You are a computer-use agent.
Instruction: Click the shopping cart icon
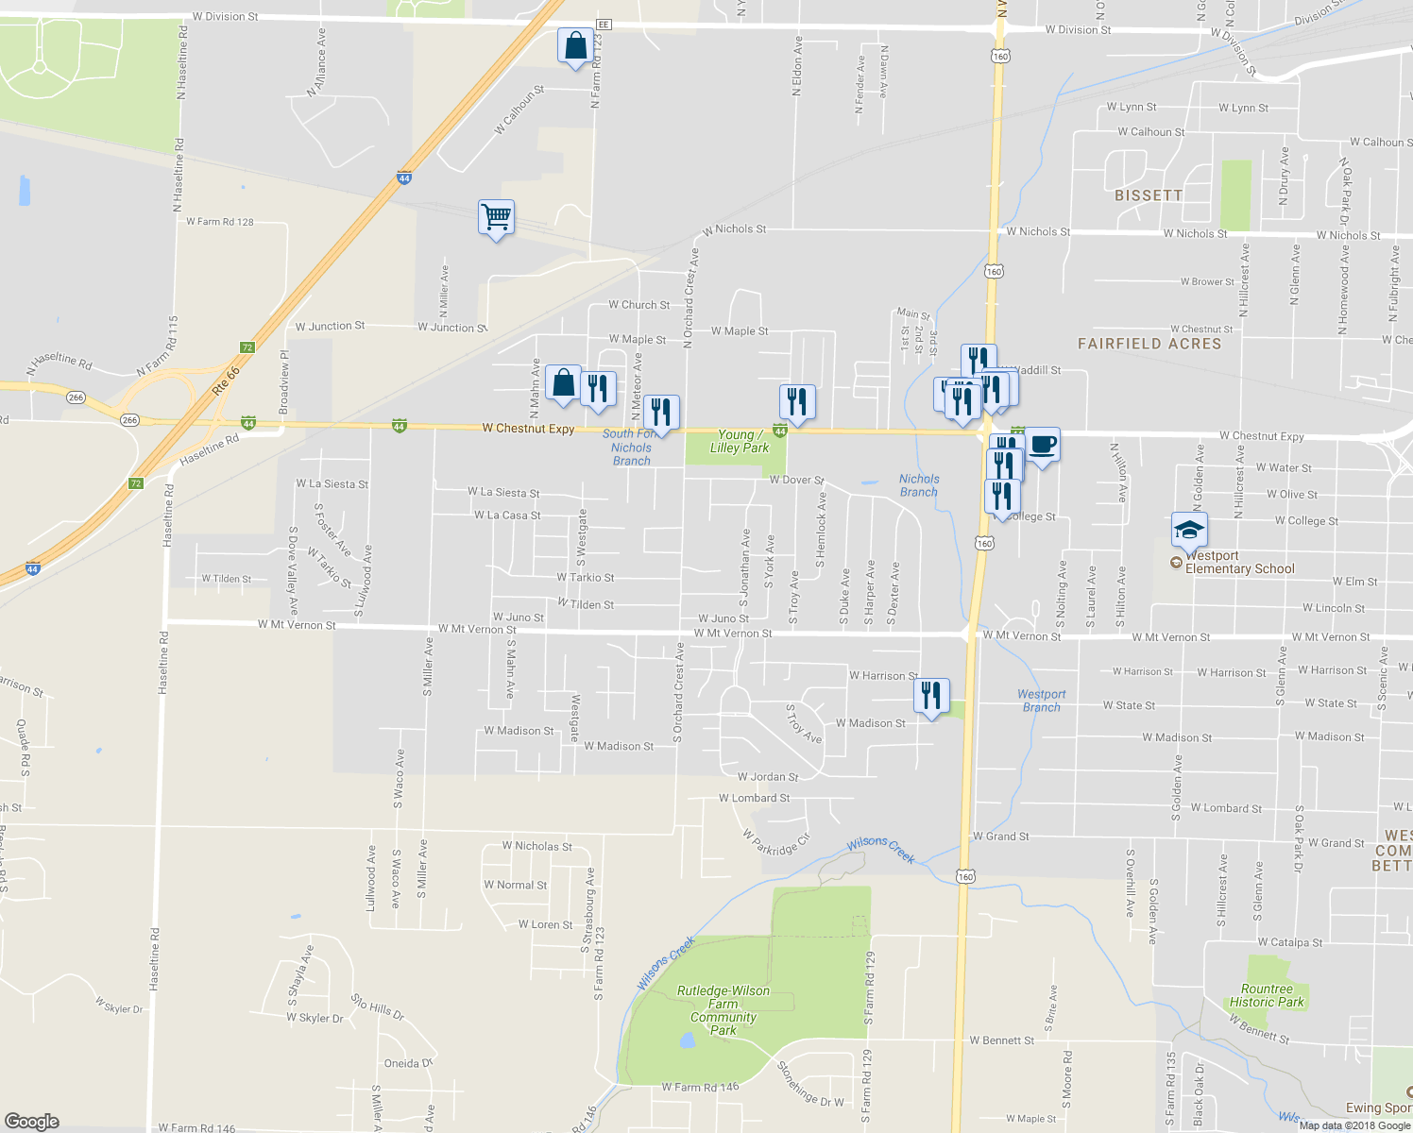click(496, 218)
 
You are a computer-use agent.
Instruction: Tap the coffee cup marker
click(1042, 445)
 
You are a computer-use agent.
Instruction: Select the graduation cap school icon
click(1189, 531)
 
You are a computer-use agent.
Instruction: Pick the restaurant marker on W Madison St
click(931, 696)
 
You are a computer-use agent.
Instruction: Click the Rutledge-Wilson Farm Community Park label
click(724, 1010)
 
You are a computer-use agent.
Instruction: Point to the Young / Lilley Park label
click(739, 442)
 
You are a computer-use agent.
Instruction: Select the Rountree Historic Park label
click(1267, 995)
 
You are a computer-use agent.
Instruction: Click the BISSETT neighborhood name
click(1149, 195)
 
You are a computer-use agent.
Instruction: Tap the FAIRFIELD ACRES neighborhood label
click(1149, 344)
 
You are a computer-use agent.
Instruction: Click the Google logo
click(32, 1121)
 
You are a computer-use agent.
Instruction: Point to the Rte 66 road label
click(227, 380)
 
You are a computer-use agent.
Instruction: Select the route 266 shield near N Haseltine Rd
click(76, 397)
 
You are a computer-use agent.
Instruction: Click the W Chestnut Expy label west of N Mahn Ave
click(528, 429)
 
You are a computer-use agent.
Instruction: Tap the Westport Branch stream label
click(1041, 701)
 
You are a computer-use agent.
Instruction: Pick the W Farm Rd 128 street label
click(220, 222)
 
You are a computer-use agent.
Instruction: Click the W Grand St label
click(1000, 837)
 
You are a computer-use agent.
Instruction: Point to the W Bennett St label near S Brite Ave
click(1001, 1040)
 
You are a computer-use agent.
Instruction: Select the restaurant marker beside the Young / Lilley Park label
click(797, 402)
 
